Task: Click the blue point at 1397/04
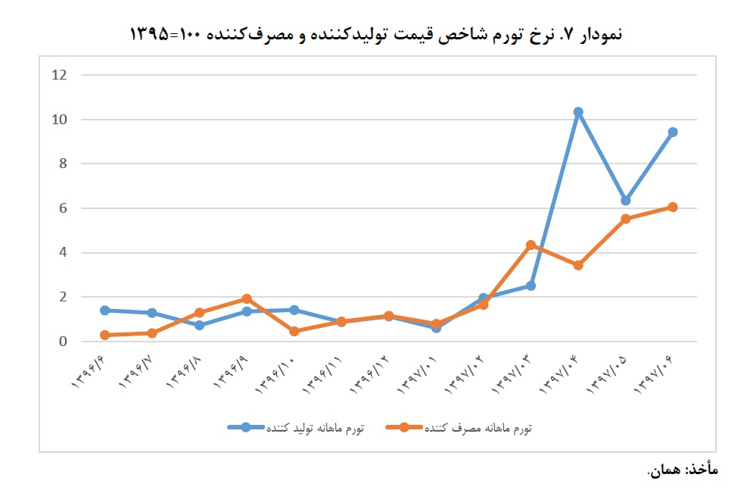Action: [578, 112]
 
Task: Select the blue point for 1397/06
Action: [673, 132]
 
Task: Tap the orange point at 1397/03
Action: [531, 245]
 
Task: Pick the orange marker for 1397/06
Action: [673, 207]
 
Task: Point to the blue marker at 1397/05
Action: [625, 201]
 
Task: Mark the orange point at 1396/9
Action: [247, 299]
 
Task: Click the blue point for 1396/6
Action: [104, 311]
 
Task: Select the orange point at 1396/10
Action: [294, 331]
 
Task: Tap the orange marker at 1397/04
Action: [578, 265]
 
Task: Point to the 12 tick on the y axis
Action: [60, 75]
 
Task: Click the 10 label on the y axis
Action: [60, 120]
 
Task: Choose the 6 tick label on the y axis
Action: [63, 208]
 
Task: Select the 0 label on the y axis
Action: [63, 342]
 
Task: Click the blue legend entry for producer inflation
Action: [297, 428]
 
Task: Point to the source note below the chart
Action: [682, 470]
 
